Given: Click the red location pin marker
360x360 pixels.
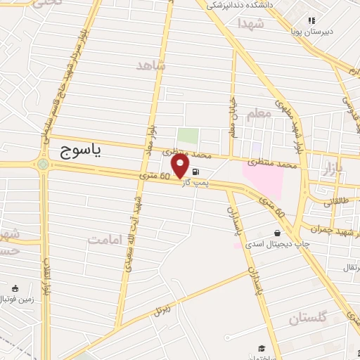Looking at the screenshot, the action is (181, 166).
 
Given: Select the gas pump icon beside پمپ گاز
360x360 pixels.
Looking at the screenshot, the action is (195, 171).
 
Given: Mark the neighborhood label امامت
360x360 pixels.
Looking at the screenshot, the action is (105, 240).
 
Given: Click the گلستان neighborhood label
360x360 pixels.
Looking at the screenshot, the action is (309, 318).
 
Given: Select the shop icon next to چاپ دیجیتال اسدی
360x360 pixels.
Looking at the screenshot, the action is (277, 233).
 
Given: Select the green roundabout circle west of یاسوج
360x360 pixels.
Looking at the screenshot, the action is (44, 165).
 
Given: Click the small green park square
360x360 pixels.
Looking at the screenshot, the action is (187, 136).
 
